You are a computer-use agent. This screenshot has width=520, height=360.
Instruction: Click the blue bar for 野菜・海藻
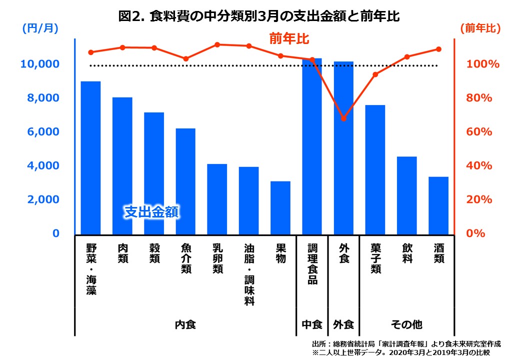coord(90,157)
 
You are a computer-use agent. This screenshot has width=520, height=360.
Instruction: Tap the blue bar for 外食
coord(343,148)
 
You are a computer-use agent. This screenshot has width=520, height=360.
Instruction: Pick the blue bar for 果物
coord(280,207)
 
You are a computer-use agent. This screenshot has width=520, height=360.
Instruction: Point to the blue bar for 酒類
coord(438,205)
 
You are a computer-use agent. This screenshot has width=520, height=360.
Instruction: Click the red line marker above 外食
coord(343,118)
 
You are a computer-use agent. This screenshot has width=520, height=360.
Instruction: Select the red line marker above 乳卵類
coord(217,44)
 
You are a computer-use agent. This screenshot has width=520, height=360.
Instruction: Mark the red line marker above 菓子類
coord(375,74)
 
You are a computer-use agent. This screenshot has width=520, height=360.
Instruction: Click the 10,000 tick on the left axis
coord(39,64)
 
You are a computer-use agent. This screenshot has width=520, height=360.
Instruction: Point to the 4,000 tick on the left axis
coord(42,166)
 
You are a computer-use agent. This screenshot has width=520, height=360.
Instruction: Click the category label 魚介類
coord(185,259)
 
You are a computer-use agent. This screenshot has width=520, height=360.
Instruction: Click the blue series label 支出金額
coord(151,212)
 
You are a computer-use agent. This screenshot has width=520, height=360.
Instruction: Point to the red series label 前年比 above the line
coord(289,38)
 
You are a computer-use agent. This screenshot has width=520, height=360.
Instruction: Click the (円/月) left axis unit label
coord(40,28)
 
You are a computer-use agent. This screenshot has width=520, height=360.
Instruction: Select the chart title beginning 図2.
coord(259,16)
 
